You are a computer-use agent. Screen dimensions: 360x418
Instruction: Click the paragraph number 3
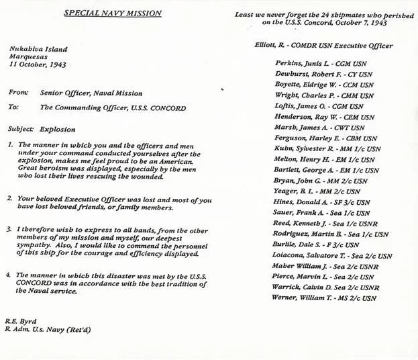click(x=9, y=229)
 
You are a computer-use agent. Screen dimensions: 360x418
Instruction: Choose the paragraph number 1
click(x=9, y=144)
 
